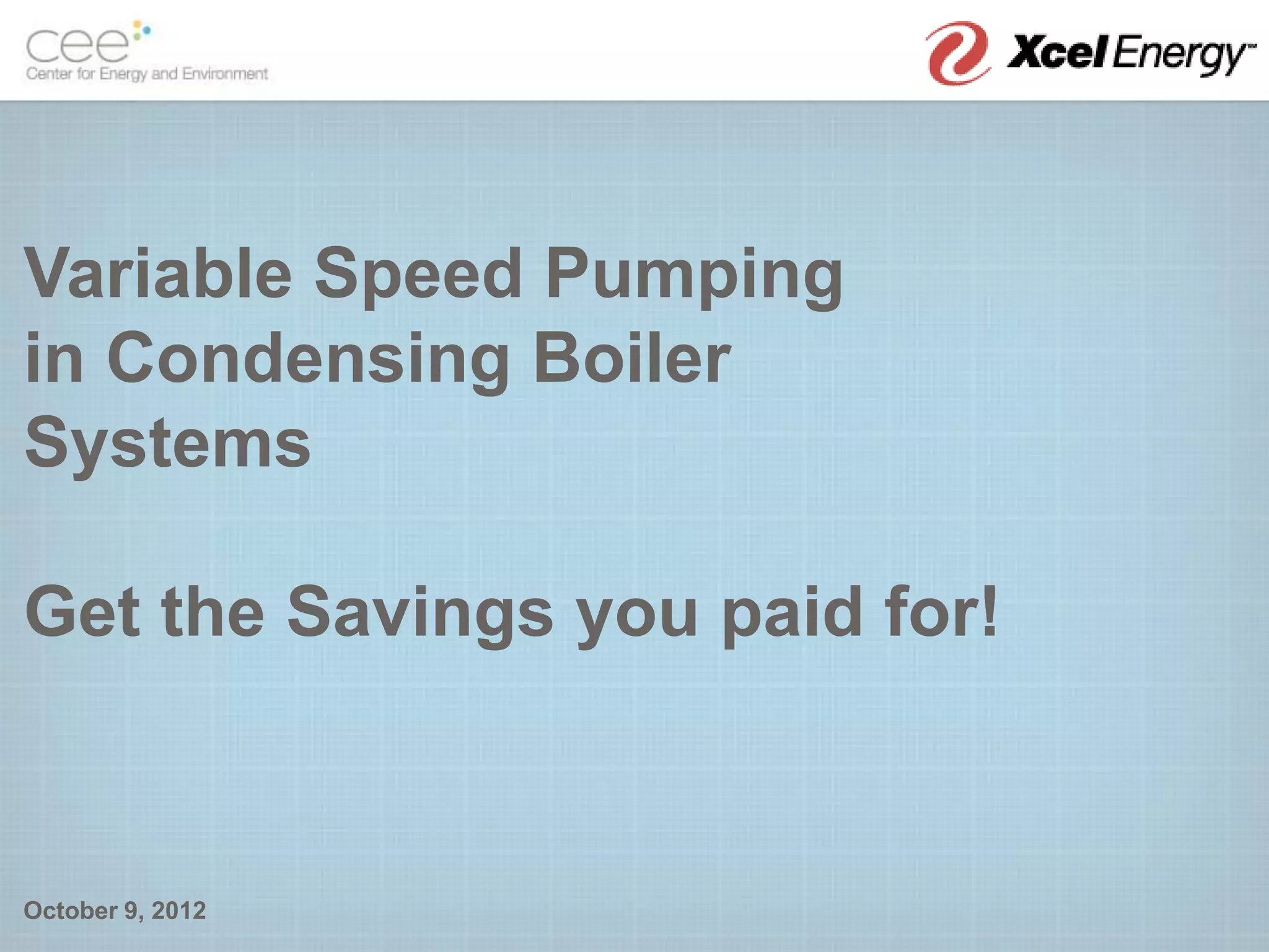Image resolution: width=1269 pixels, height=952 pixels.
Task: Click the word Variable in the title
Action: tap(158, 273)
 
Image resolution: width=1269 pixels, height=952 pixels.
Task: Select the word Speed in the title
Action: tap(418, 273)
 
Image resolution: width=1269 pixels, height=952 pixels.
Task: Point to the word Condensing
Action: tap(308, 359)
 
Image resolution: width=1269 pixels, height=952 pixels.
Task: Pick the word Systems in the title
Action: tap(167, 443)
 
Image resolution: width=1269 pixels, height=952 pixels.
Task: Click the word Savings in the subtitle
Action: tap(419, 614)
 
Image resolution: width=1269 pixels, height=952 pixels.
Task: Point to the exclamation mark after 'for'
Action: tap(989, 611)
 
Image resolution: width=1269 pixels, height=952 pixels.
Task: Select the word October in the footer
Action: tap(71, 910)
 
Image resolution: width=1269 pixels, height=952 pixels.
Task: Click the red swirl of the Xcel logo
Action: tap(957, 53)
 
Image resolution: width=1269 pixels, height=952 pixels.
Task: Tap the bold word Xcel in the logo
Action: tap(1057, 53)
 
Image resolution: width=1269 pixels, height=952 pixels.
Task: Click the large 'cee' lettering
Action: tap(77, 46)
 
